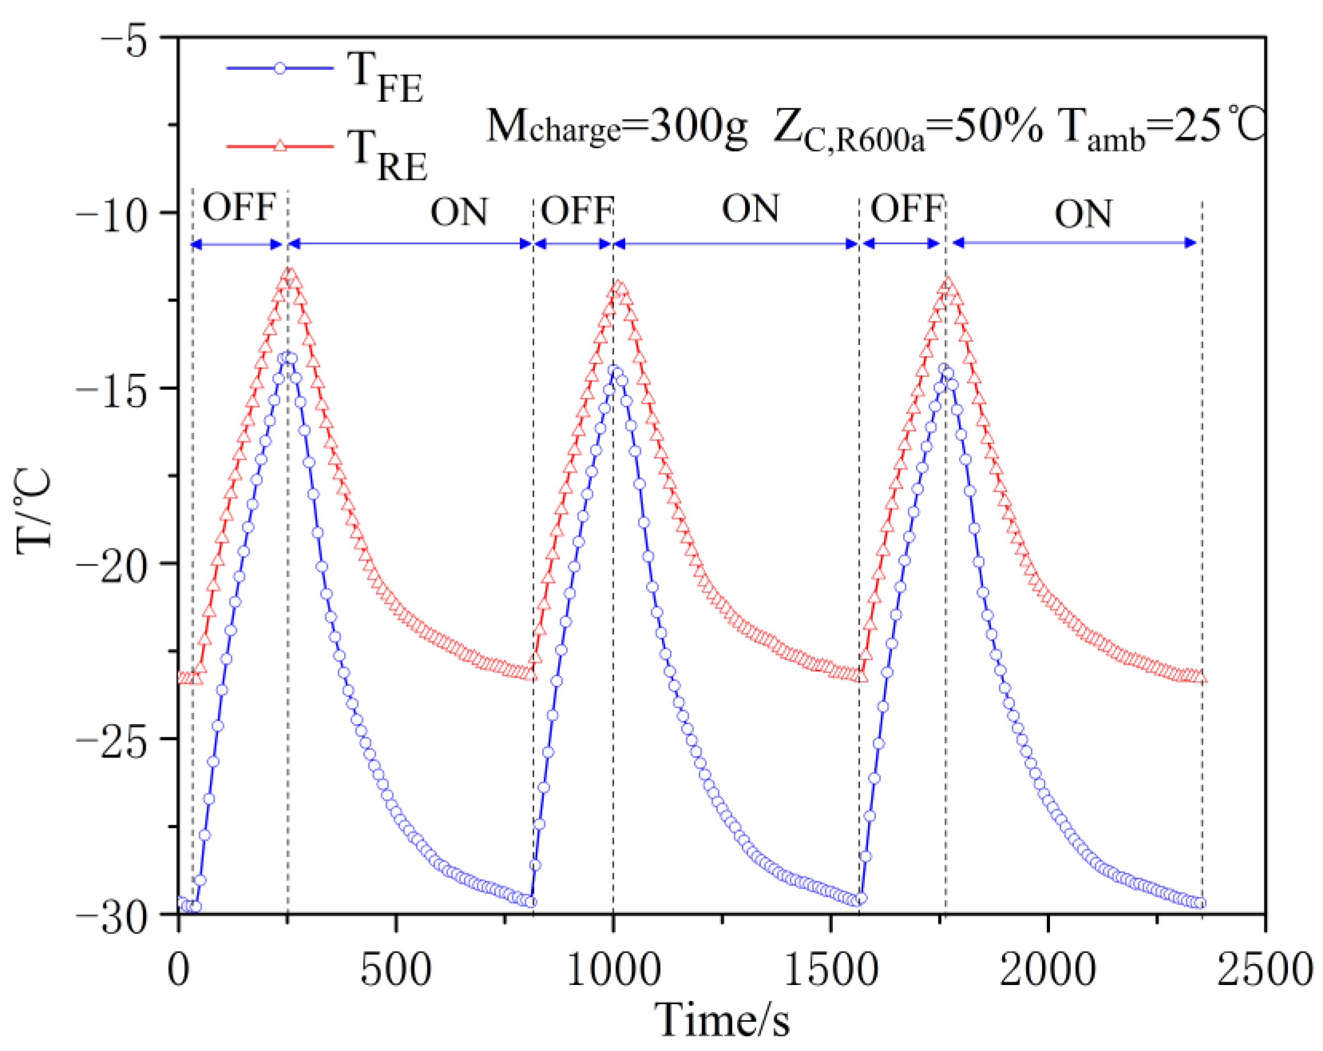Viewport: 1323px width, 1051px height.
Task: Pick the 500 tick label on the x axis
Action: [396, 971]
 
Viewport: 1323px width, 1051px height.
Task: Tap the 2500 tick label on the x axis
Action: [1264, 971]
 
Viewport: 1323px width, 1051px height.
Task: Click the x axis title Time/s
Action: [722, 1020]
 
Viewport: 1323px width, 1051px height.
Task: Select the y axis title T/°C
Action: [34, 511]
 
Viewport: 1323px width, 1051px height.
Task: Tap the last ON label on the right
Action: [1084, 214]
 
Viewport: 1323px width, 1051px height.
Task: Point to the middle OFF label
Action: [577, 210]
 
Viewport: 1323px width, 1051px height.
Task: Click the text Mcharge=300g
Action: [616, 127]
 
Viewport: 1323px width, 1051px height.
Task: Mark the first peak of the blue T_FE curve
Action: [286, 358]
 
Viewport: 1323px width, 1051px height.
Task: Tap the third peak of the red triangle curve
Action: [948, 284]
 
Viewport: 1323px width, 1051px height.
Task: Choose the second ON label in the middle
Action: [750, 209]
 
